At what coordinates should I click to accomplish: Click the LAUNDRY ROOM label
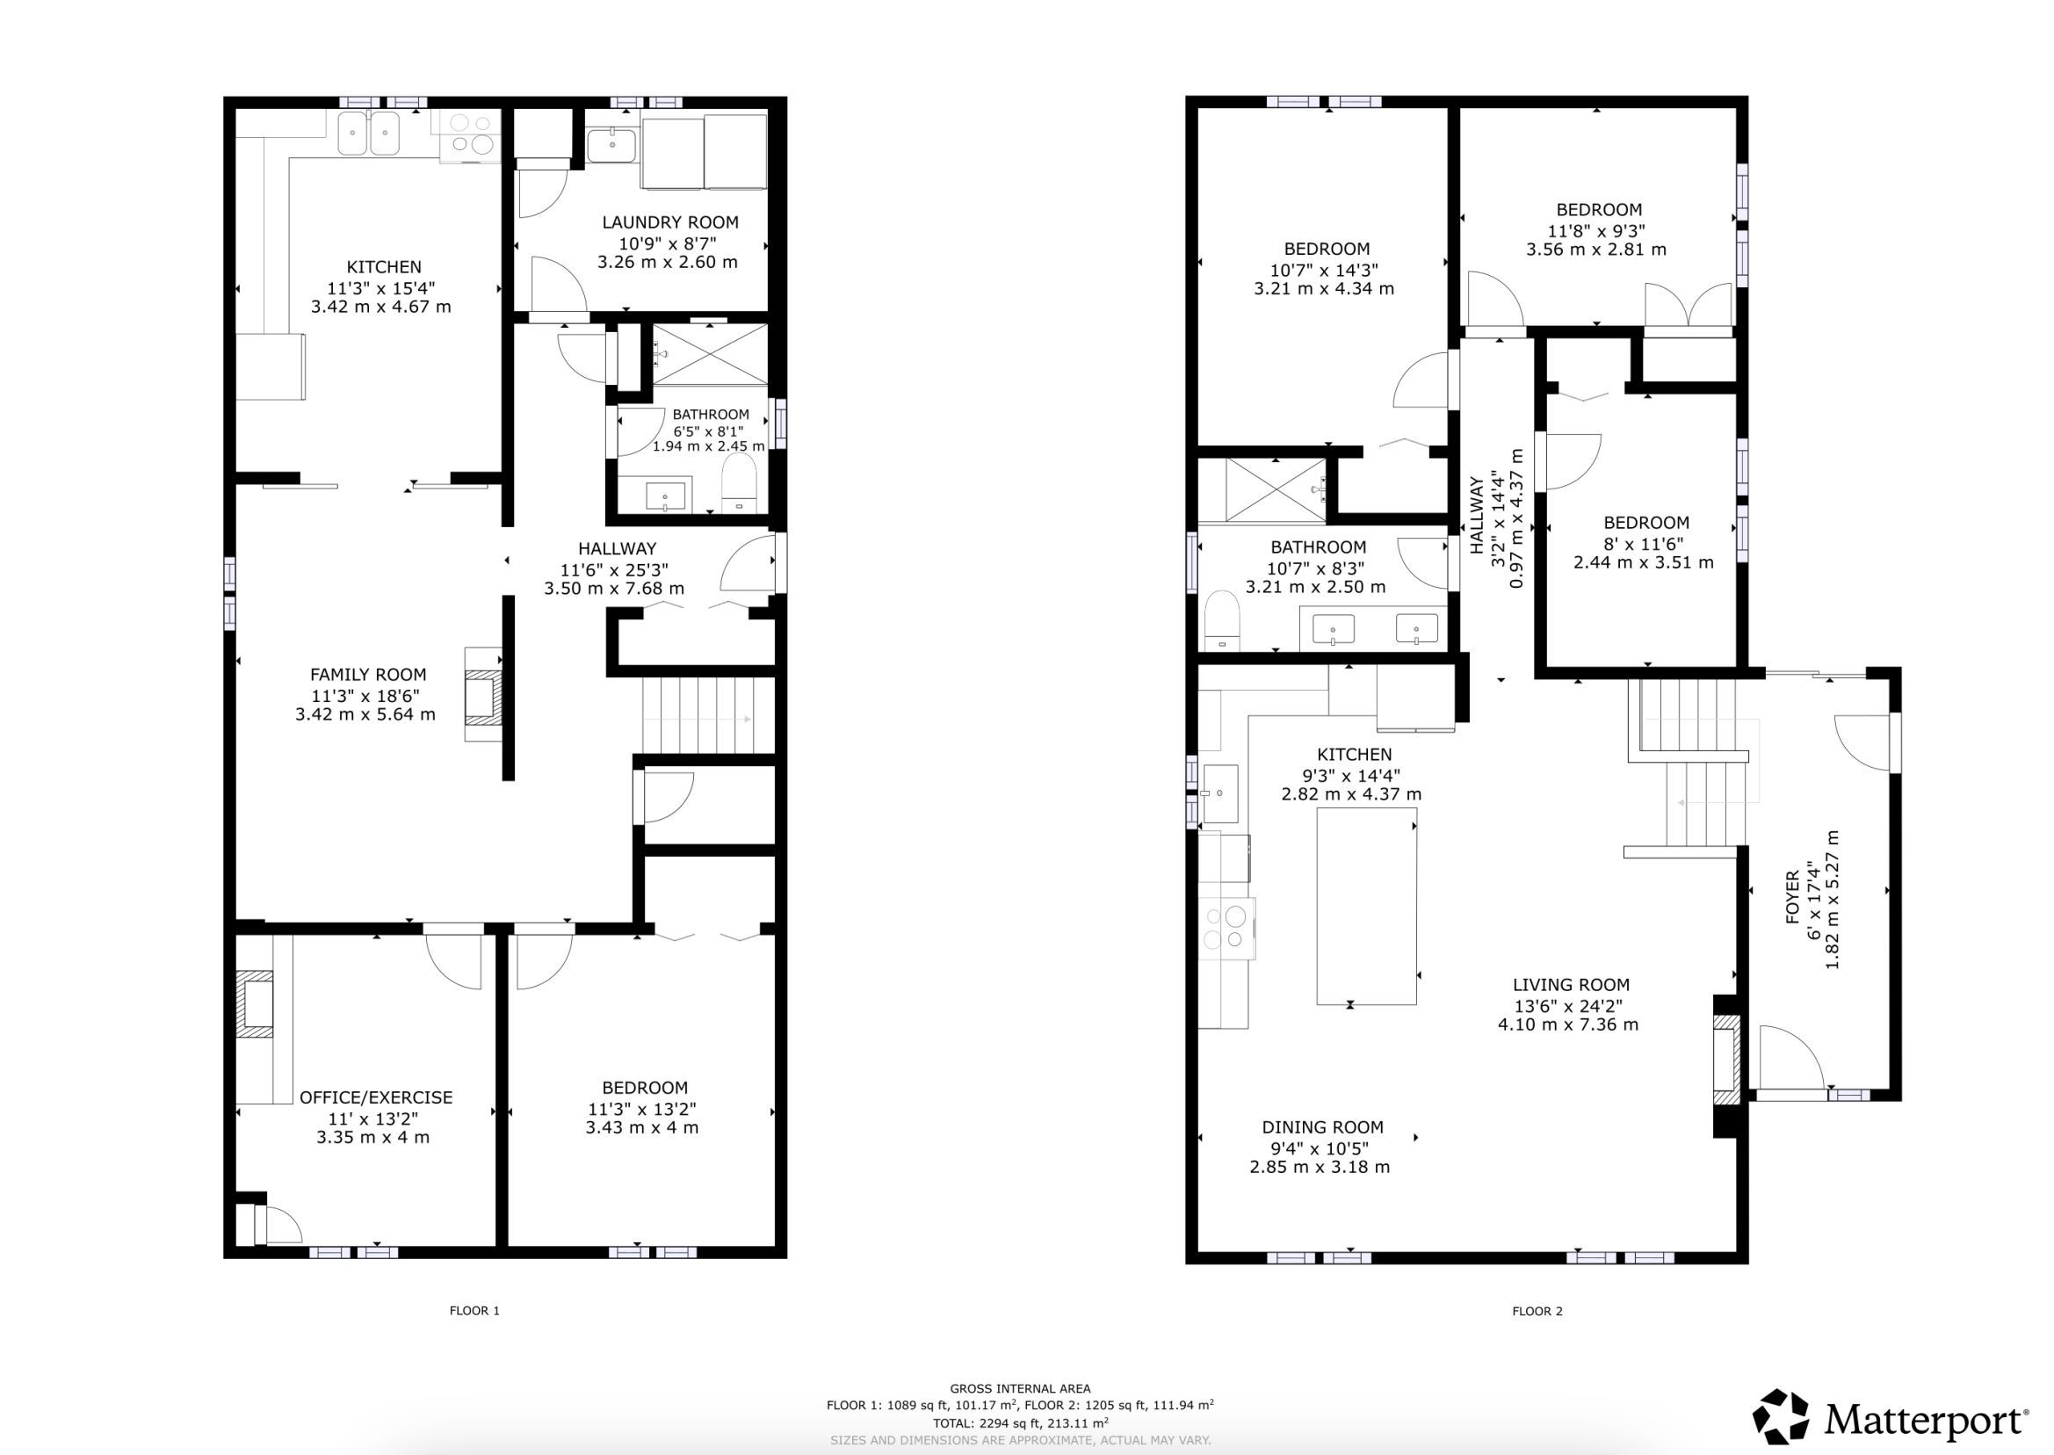(x=670, y=222)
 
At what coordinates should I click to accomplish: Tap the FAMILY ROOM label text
(x=368, y=675)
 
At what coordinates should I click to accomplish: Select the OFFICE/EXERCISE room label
(x=376, y=1097)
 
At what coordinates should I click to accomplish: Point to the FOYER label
(x=1793, y=897)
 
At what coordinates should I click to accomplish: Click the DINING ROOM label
(x=1322, y=1127)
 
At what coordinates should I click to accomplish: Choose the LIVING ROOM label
(x=1571, y=985)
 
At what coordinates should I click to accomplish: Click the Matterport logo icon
(x=1781, y=1418)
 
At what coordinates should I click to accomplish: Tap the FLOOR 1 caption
(x=474, y=1311)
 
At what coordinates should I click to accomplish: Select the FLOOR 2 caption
(x=1537, y=1311)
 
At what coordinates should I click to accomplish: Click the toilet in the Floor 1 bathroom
(x=739, y=483)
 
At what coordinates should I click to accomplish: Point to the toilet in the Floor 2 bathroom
(x=1221, y=621)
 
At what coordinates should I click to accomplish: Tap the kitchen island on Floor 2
(x=1367, y=906)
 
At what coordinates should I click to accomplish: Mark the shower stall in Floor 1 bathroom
(x=711, y=355)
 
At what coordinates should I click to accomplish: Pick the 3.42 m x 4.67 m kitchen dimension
(x=380, y=307)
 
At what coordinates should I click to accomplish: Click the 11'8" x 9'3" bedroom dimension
(x=1596, y=229)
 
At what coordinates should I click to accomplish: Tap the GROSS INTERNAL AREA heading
(x=1020, y=1389)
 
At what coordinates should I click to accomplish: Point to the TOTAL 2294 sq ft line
(x=1020, y=1422)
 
